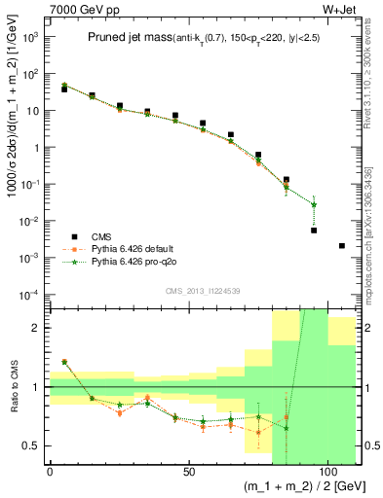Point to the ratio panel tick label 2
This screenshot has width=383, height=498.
coord(37,328)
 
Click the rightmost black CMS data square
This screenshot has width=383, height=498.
coord(341,245)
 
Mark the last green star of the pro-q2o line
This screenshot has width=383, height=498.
coord(314,204)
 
